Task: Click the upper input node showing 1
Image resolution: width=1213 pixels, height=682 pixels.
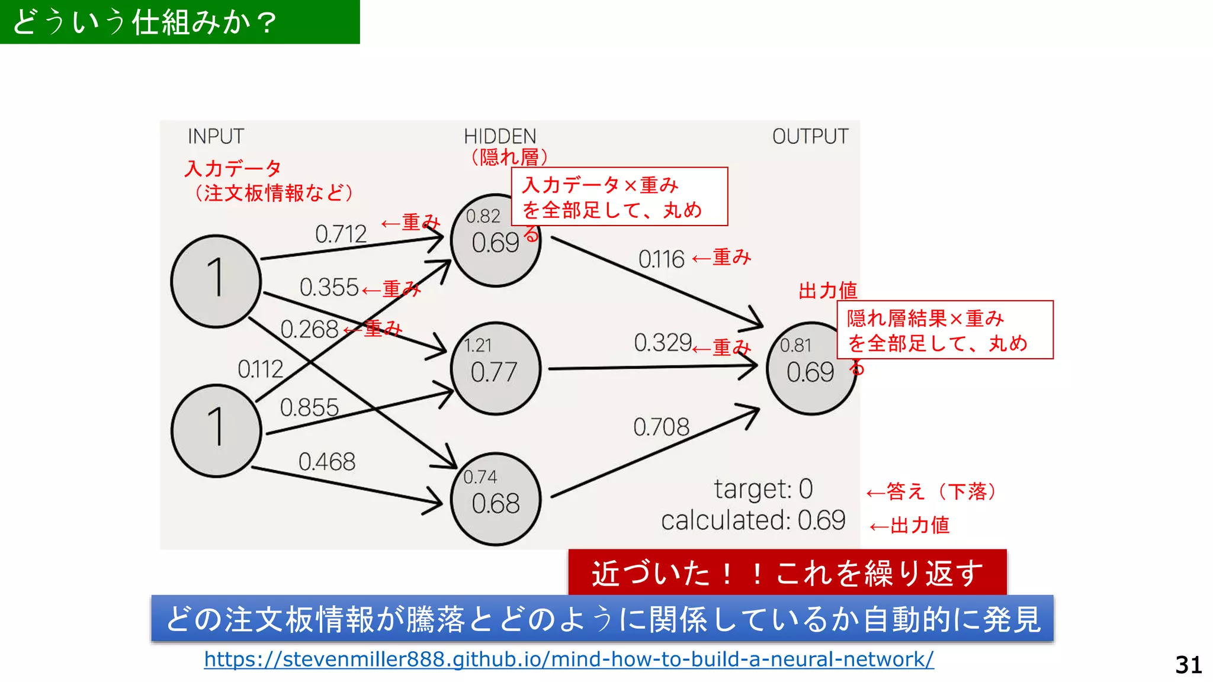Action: tap(216, 281)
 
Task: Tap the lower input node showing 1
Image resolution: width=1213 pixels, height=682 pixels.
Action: tap(216, 430)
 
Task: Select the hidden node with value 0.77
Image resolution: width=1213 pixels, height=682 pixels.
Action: tap(495, 368)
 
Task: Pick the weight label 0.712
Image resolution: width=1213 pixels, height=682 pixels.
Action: tap(341, 234)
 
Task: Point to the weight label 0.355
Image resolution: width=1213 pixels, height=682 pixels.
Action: tap(329, 288)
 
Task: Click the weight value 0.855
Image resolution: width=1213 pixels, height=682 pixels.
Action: tap(309, 407)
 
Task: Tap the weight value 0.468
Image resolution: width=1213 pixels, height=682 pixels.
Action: tap(326, 462)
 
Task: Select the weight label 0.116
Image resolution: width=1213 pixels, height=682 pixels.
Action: tap(661, 259)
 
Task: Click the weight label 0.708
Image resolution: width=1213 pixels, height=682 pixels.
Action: tap(661, 427)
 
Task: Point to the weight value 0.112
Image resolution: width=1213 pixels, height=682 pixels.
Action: tap(260, 369)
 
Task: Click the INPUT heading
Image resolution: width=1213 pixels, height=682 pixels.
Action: tap(216, 136)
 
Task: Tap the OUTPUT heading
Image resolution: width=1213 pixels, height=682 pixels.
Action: tap(810, 136)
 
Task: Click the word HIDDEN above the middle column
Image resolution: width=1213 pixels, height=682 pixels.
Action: tap(499, 136)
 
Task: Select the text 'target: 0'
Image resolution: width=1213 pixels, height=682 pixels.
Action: tap(763, 489)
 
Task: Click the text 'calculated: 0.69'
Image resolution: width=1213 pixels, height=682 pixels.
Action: tap(753, 520)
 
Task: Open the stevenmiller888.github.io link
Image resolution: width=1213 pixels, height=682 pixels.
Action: tap(569, 659)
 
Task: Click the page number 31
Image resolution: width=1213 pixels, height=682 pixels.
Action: tap(1188, 665)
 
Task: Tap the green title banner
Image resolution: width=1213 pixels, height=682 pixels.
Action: tap(179, 22)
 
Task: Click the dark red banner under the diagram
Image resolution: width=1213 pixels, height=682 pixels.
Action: tap(787, 572)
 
